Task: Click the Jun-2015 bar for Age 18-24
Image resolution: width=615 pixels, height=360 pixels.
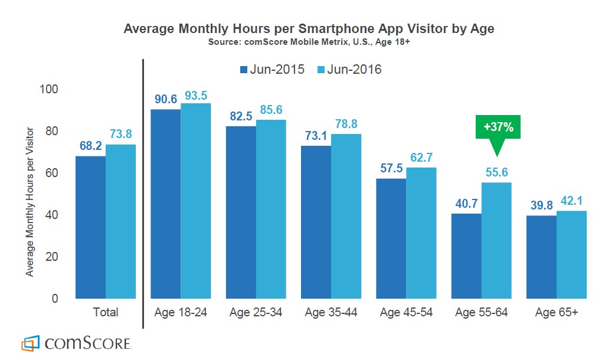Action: [166, 204]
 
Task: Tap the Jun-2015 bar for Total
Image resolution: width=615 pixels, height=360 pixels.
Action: [90, 227]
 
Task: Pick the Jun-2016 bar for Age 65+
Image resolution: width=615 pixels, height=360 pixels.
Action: [571, 254]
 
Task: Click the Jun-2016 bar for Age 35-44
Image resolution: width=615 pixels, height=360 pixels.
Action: [345, 216]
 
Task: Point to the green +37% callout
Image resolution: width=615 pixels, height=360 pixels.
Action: [498, 127]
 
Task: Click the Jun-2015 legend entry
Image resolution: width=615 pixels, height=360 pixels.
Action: [272, 70]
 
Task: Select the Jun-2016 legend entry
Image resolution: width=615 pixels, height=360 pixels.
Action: [348, 70]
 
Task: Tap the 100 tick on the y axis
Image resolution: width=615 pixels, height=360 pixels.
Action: [50, 89]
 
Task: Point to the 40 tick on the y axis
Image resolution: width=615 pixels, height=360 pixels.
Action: [53, 215]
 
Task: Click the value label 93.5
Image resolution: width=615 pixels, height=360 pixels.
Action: [196, 95]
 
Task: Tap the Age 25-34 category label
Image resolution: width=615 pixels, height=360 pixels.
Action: [256, 312]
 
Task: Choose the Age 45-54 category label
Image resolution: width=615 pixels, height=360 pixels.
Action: [406, 312]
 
